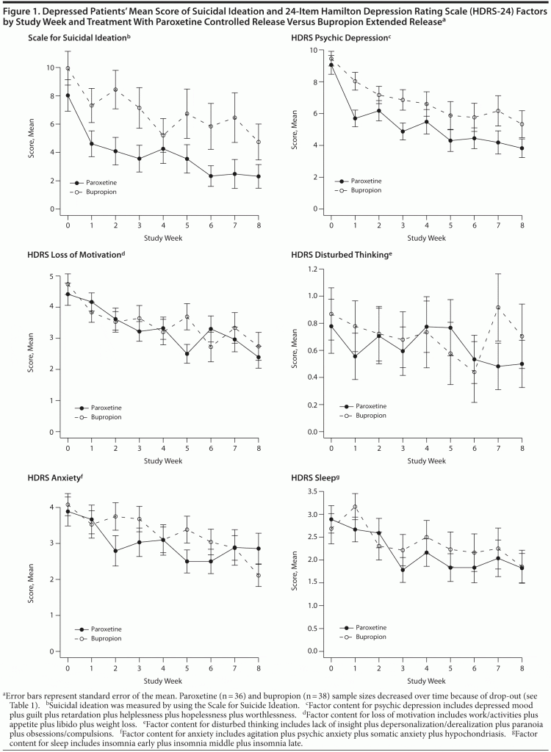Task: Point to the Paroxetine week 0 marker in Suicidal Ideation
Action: point(68,95)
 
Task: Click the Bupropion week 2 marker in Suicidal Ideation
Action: point(115,90)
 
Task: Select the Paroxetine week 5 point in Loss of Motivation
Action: point(187,354)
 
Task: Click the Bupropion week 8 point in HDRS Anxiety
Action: point(259,575)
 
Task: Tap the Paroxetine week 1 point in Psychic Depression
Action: point(355,118)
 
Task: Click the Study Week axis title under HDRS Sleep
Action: point(426,681)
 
